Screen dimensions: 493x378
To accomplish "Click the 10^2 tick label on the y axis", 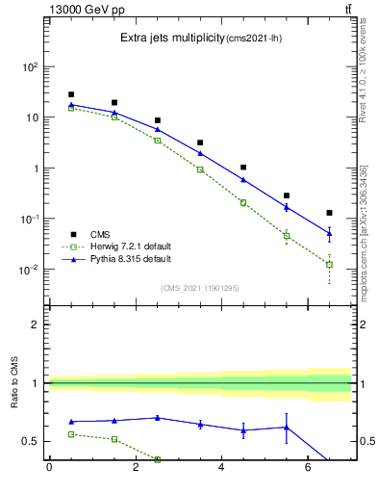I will point(31,67).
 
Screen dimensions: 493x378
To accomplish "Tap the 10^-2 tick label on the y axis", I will point(31,270).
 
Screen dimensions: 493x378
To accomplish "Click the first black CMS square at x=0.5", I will point(71,94).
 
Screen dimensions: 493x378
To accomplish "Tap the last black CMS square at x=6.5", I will point(329,213).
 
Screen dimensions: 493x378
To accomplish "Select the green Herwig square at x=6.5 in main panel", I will point(329,264).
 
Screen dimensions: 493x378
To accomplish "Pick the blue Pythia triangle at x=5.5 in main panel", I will point(287,207).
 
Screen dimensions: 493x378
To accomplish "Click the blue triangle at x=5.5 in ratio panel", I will point(287,427).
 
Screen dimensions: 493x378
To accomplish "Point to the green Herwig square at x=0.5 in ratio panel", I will point(71,434).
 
